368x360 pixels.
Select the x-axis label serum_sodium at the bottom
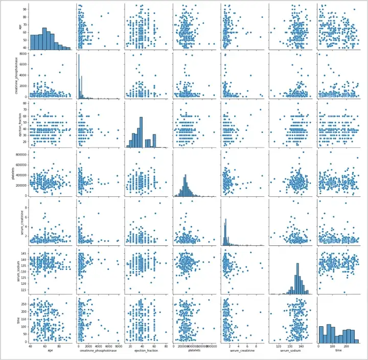click(290, 352)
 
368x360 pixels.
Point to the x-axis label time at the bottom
click(338, 352)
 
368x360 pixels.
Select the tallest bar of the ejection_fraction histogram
click(141, 132)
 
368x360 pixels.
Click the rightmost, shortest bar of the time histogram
click(356, 341)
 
